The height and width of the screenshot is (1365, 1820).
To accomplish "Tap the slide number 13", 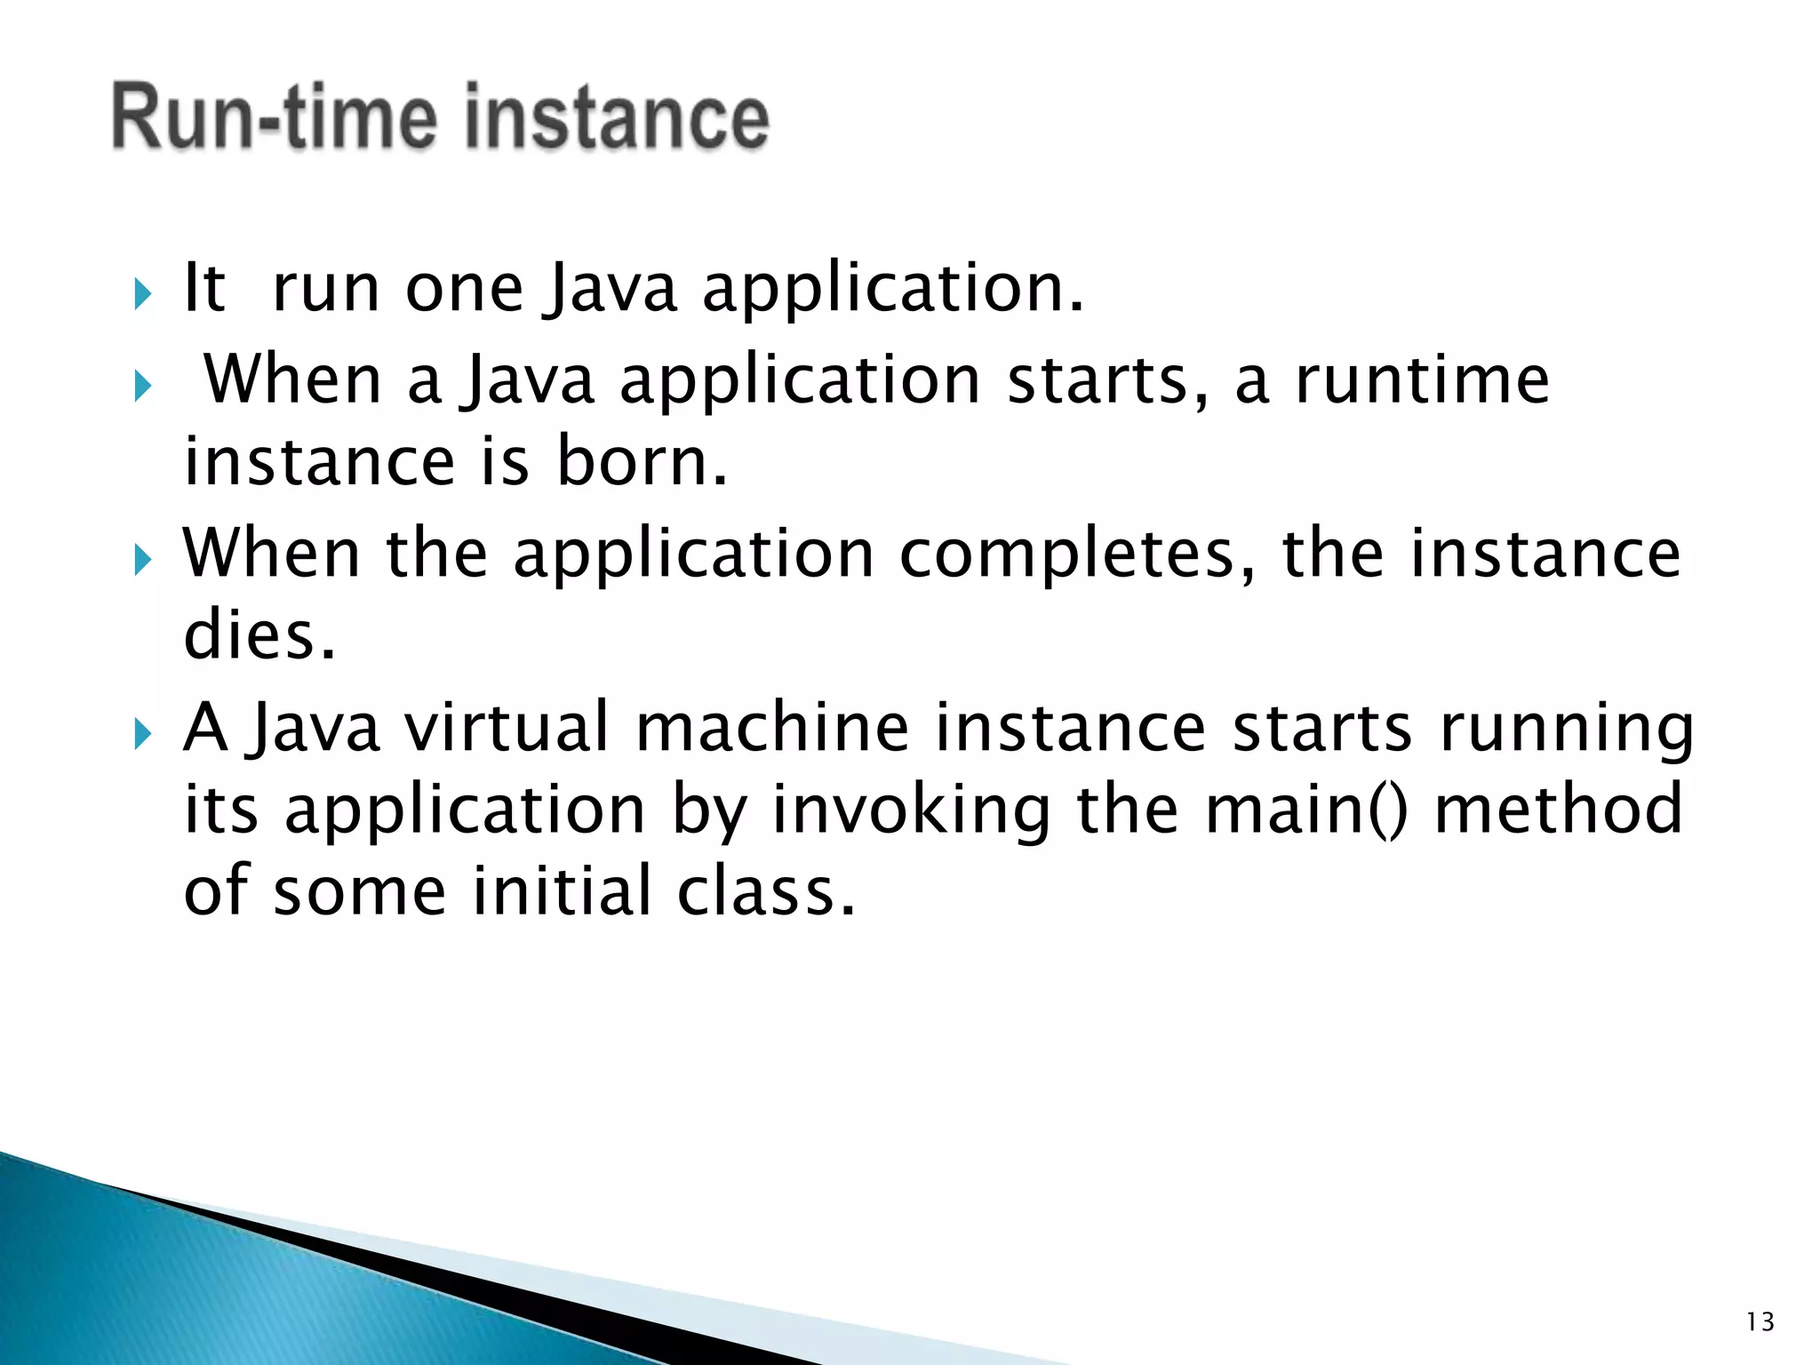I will (1760, 1322).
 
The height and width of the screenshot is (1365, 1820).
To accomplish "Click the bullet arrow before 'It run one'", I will (143, 294).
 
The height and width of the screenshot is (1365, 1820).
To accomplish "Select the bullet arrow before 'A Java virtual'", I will (143, 735).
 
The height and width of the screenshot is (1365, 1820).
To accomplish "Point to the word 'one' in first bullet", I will (464, 290).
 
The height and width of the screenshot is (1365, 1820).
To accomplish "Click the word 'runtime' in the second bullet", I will (1422, 380).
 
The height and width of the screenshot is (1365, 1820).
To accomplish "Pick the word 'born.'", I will (642, 462).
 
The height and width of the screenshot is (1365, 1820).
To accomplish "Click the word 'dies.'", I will (259, 636).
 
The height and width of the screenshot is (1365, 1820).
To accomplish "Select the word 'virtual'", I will (507, 727).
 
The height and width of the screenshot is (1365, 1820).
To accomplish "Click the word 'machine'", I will (772, 727).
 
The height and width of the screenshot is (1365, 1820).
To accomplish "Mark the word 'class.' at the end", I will (766, 890).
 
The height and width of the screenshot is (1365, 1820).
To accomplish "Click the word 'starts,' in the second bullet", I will (1108, 380).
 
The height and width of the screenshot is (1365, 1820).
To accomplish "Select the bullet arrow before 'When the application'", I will (143, 561).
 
